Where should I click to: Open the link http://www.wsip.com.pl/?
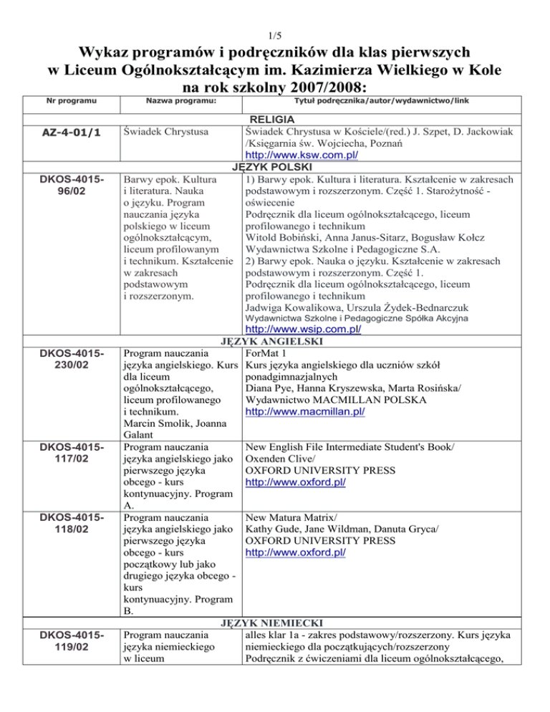[302, 329]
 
